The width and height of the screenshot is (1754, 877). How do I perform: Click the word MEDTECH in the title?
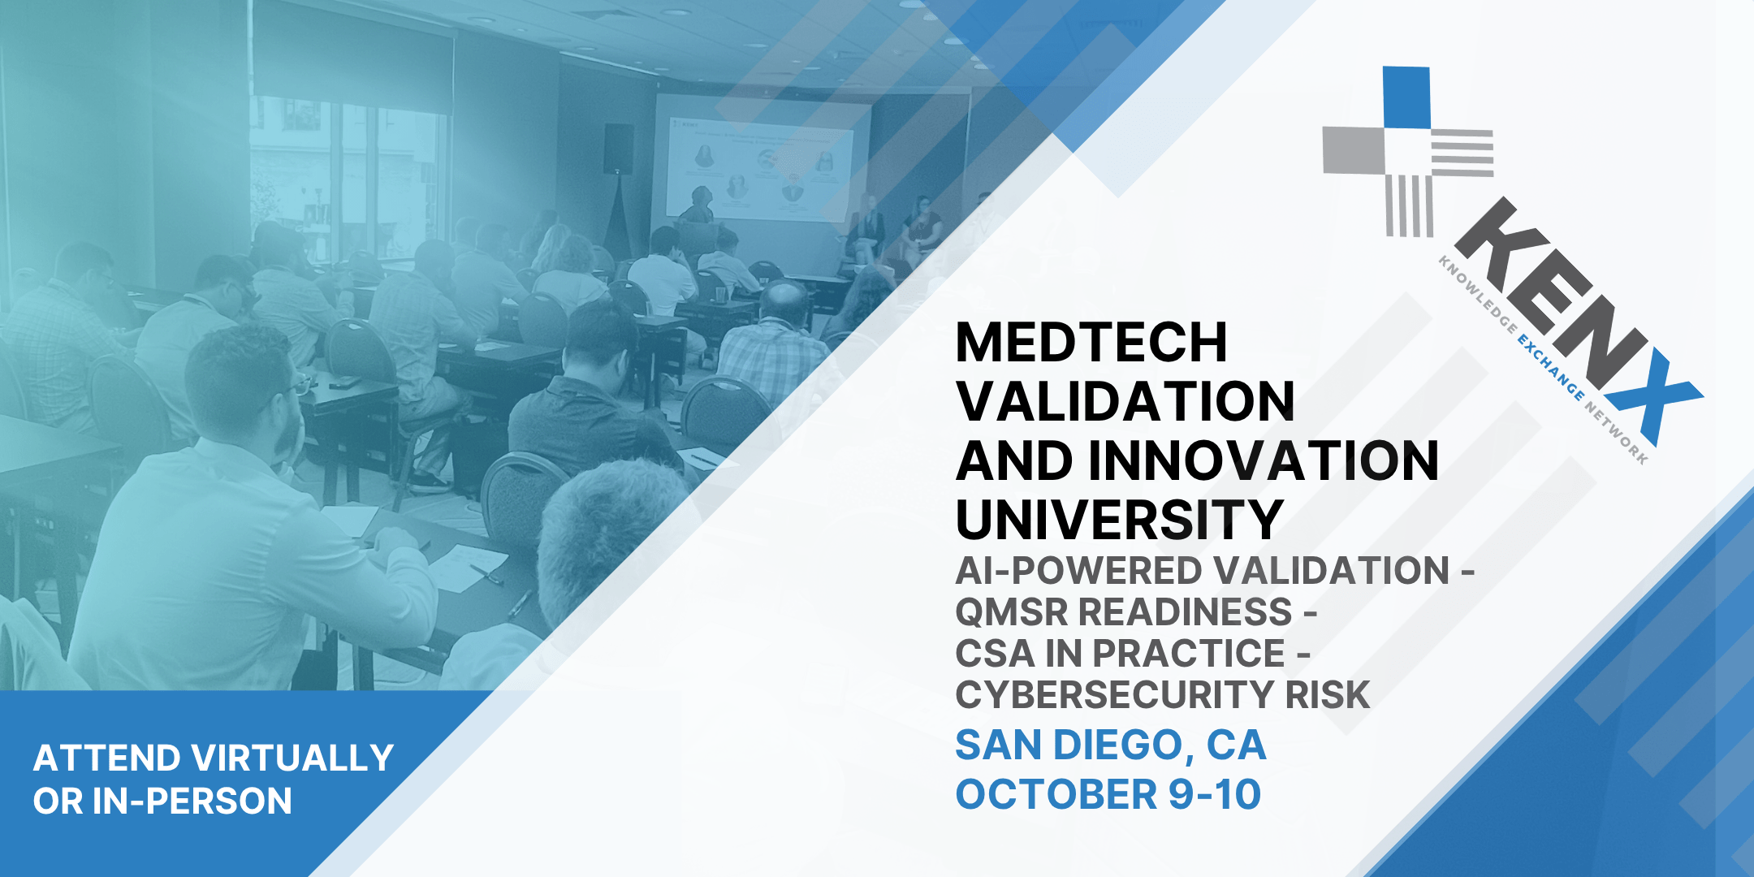[x=1091, y=343]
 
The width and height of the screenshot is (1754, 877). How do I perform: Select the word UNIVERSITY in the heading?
[x=1120, y=520]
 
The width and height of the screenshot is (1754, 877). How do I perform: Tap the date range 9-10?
[x=1215, y=794]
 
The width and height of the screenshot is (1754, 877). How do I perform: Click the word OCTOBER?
[x=1056, y=794]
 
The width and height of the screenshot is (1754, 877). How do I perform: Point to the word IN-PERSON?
[x=192, y=801]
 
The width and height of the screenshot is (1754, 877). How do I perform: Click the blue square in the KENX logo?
[x=1406, y=97]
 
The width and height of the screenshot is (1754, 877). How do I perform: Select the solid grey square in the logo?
[x=1354, y=150]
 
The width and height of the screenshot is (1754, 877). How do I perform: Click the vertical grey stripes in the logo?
[x=1410, y=205]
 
